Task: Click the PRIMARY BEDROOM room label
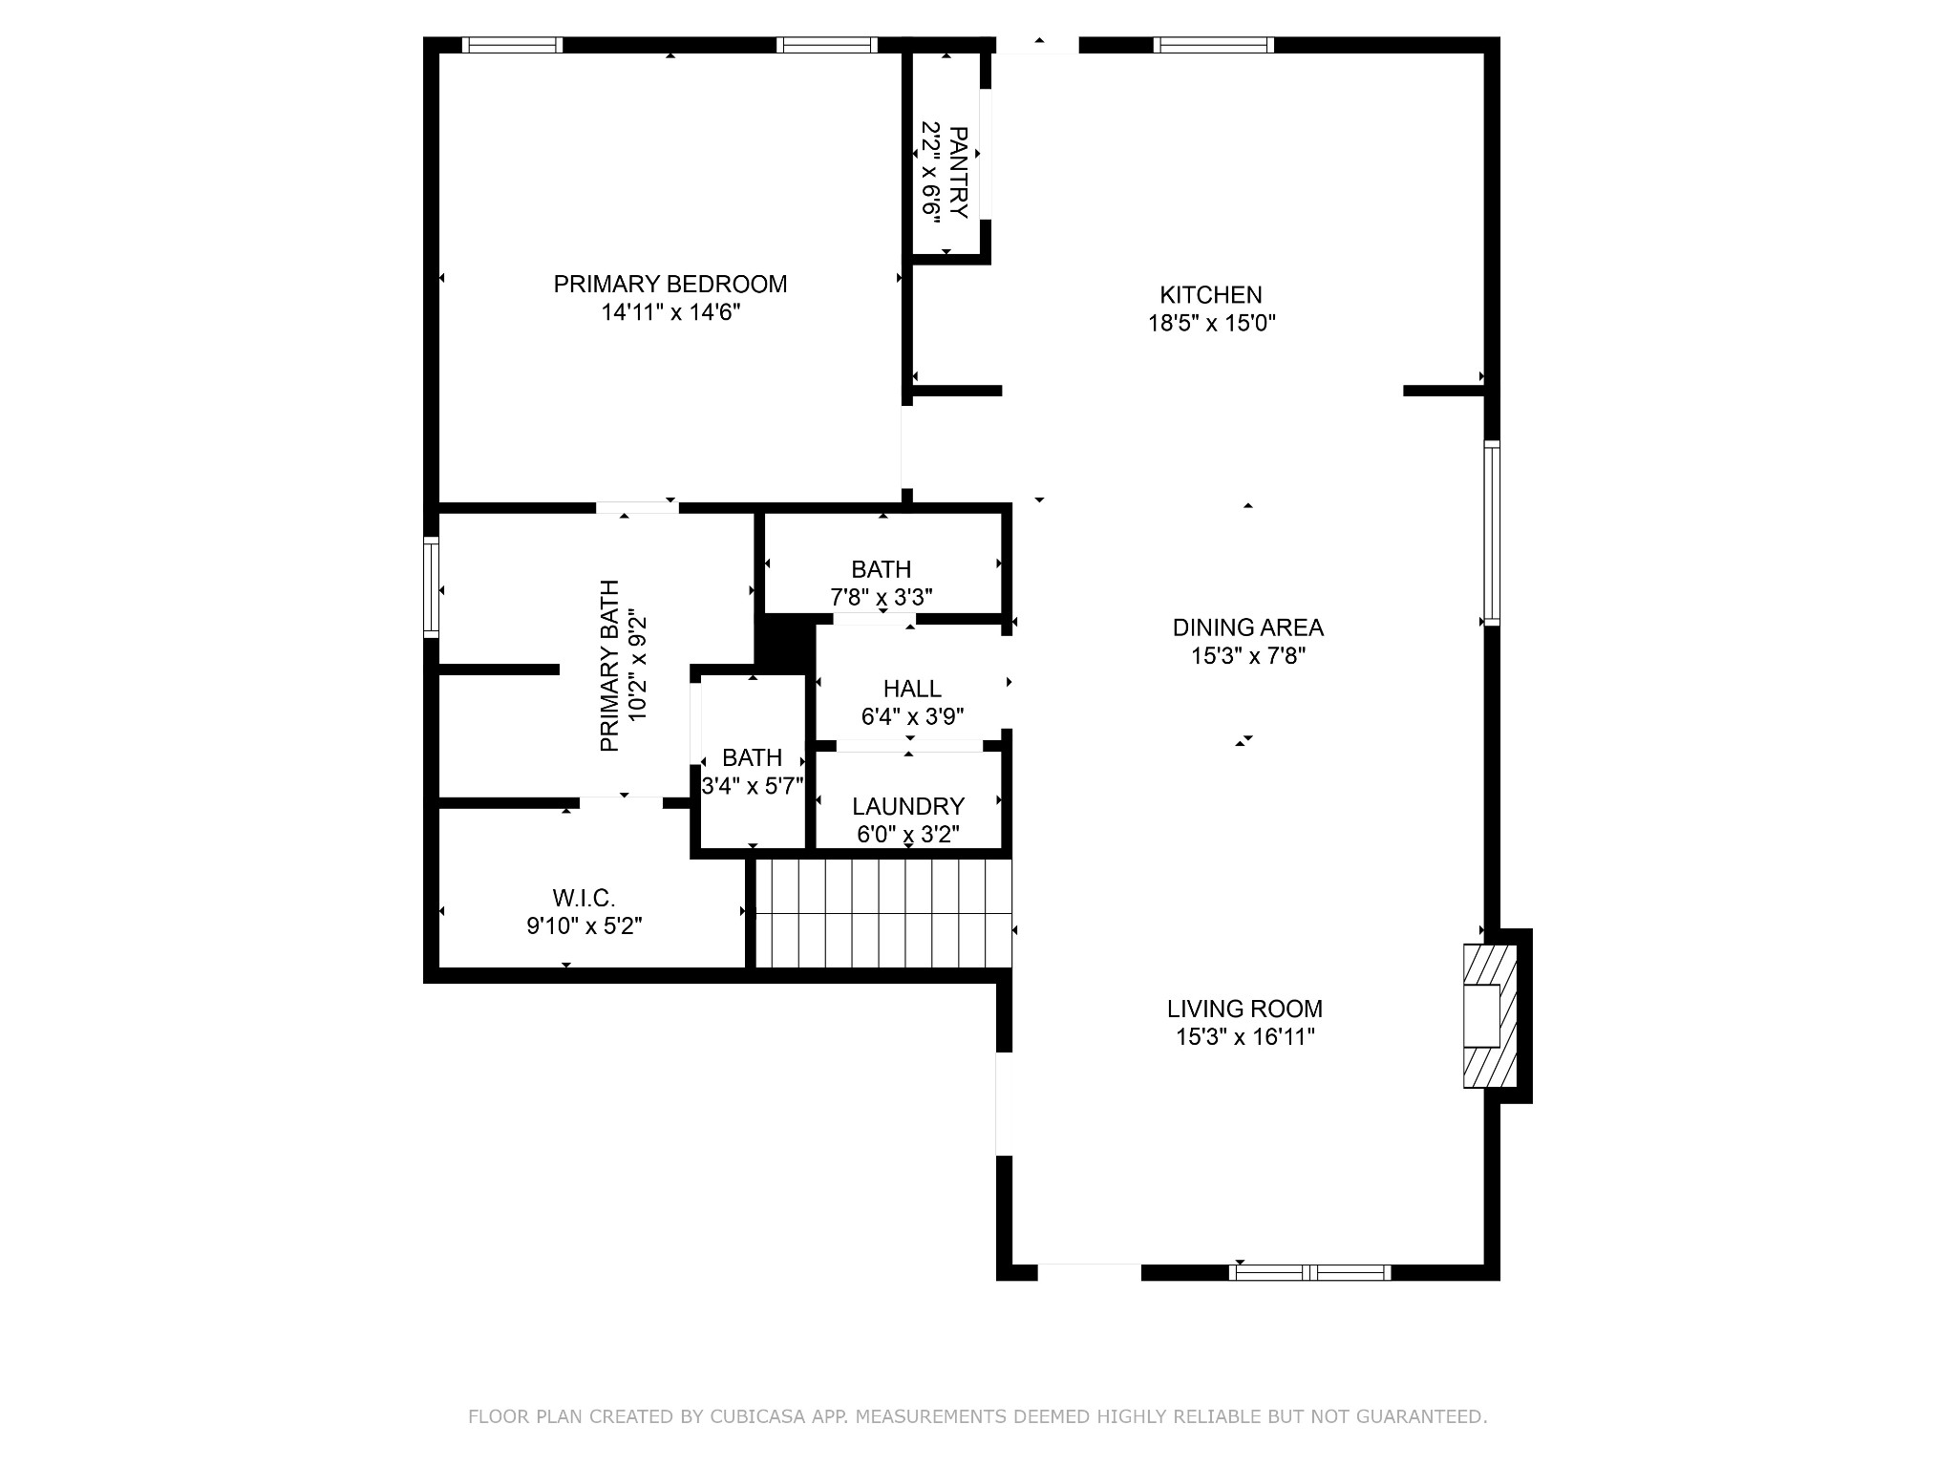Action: (x=670, y=284)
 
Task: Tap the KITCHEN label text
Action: (x=1211, y=295)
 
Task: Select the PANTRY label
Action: (x=959, y=173)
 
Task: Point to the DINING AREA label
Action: (x=1248, y=627)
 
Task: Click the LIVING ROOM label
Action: (x=1244, y=1009)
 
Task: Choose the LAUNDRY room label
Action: (x=908, y=806)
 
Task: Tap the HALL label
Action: (x=912, y=689)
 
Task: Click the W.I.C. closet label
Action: (x=584, y=898)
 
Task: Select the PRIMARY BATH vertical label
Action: (x=609, y=666)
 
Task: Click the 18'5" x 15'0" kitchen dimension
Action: (x=1212, y=323)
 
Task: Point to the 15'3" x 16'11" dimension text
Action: (x=1245, y=1037)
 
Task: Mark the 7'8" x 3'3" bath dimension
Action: (x=882, y=598)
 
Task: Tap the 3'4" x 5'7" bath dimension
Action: (x=753, y=786)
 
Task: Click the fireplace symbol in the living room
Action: (x=1491, y=1016)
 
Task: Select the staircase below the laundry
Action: (x=883, y=913)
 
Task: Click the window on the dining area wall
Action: (x=1492, y=533)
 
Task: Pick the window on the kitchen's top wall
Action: (x=1213, y=44)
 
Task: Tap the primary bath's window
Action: (x=432, y=587)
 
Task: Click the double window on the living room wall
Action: (x=1309, y=1272)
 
